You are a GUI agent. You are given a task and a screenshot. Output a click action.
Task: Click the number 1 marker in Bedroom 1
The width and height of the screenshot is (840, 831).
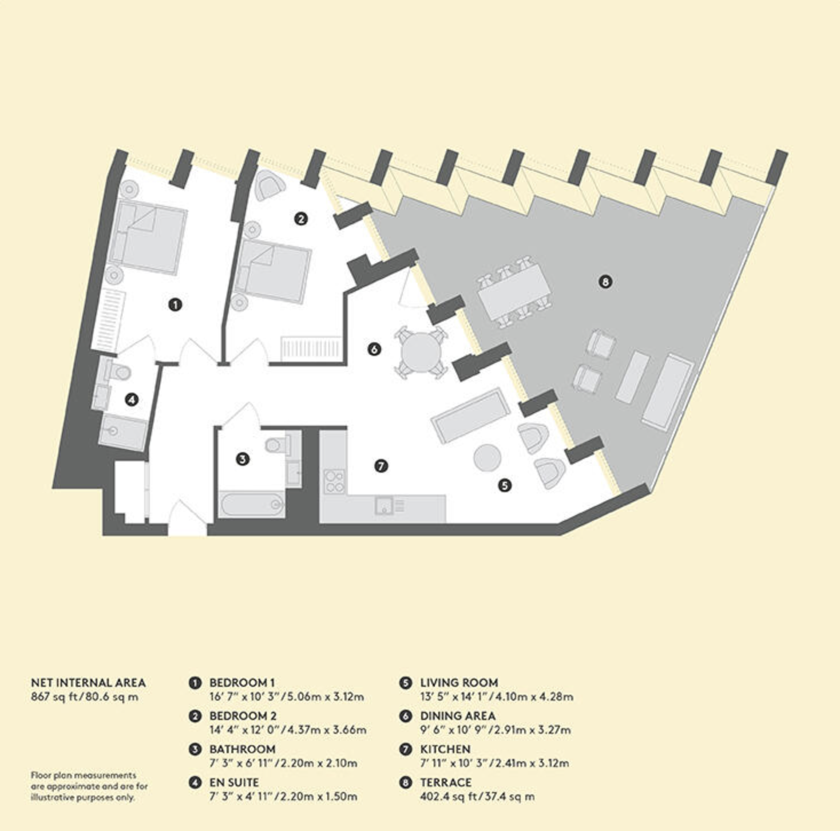(x=176, y=304)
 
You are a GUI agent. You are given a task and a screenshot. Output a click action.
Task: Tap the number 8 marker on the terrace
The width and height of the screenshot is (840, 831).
(x=605, y=282)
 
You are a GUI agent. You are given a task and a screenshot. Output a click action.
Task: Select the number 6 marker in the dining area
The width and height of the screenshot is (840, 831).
(x=374, y=349)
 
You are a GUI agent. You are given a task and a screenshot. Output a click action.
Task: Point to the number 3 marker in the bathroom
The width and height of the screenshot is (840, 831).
(x=243, y=459)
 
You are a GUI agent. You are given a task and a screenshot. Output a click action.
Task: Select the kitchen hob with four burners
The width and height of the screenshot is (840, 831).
(x=334, y=481)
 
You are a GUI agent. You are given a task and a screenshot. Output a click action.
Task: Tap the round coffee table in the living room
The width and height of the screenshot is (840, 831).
(x=488, y=458)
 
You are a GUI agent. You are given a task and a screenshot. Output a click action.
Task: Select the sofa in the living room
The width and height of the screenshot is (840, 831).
(x=470, y=415)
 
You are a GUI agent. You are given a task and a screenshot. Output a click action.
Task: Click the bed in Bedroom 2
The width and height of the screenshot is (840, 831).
(x=273, y=271)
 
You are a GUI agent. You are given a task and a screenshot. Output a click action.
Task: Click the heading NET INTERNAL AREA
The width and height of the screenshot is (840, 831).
(x=88, y=683)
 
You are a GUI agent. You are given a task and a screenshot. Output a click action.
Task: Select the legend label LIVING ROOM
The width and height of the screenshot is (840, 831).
(x=459, y=683)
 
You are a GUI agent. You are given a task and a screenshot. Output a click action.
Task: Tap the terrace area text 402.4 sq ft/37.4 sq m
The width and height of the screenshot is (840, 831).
(x=477, y=796)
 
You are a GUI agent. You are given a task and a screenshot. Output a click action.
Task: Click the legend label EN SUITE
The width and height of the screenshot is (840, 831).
(x=233, y=782)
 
